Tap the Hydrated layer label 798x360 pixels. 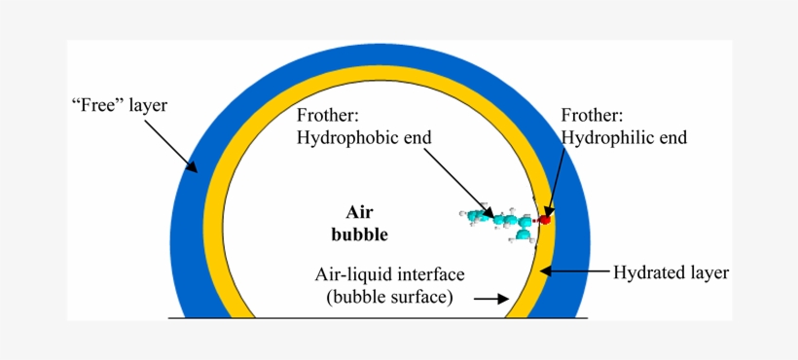[x=671, y=272]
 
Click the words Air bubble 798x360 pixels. [x=360, y=223]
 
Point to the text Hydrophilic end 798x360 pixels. [x=625, y=138]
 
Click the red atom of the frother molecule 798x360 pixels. [x=545, y=221]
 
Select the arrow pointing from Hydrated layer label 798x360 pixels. [x=575, y=271]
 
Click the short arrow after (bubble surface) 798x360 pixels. [x=491, y=299]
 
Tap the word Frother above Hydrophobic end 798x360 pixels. [x=329, y=116]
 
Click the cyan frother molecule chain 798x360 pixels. [x=501, y=222]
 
